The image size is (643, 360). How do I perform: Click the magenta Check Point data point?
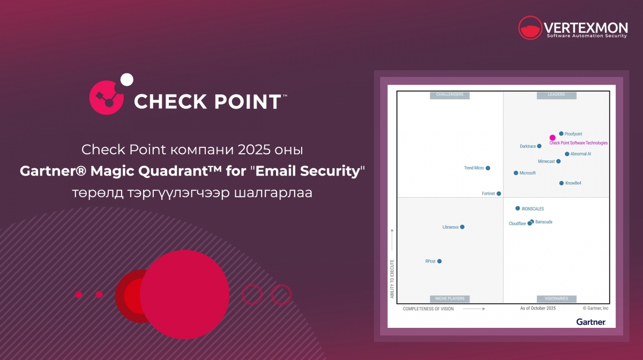click(x=552, y=138)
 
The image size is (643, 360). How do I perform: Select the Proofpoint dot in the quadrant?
click(x=561, y=133)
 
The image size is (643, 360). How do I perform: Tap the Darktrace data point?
click(x=540, y=146)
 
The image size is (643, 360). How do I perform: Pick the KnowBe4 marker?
click(x=562, y=183)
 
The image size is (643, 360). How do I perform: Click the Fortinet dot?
click(x=499, y=193)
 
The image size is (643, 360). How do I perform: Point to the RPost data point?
click(x=439, y=261)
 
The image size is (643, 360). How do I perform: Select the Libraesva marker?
click(x=462, y=227)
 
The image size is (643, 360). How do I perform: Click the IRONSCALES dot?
click(x=518, y=208)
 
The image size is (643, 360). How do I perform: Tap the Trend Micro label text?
click(x=474, y=168)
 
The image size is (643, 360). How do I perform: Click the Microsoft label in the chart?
click(x=528, y=173)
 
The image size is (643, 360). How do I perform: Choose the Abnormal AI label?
click(x=581, y=154)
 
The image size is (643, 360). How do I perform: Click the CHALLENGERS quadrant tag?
click(x=450, y=95)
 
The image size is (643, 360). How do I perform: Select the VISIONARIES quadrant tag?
click(x=557, y=299)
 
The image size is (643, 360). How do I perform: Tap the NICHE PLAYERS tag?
click(x=450, y=299)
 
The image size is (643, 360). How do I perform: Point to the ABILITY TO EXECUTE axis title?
click(x=392, y=279)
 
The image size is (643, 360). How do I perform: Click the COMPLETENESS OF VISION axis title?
click(x=428, y=309)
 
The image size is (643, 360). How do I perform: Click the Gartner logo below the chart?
click(x=591, y=322)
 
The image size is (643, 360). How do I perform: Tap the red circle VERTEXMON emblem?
click(x=530, y=28)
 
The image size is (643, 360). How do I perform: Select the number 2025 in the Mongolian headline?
click(x=255, y=149)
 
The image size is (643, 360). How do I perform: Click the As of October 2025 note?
click(x=538, y=309)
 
